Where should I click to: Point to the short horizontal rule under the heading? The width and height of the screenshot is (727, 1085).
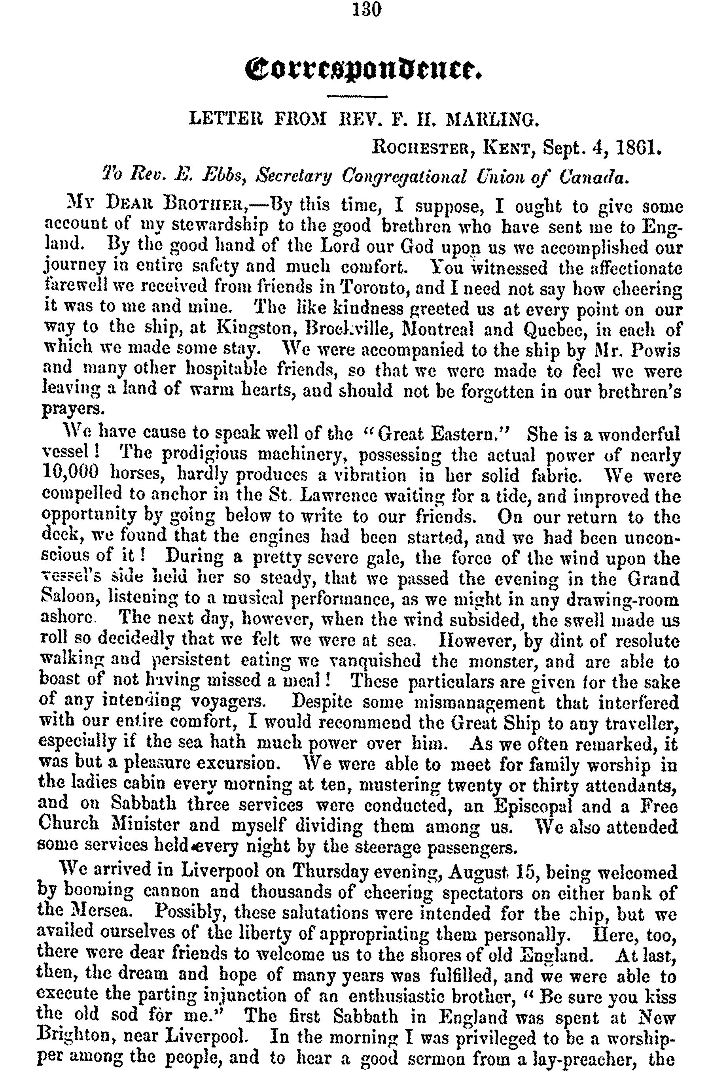coord(357,96)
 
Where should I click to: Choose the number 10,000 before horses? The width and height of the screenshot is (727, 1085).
coord(71,473)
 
